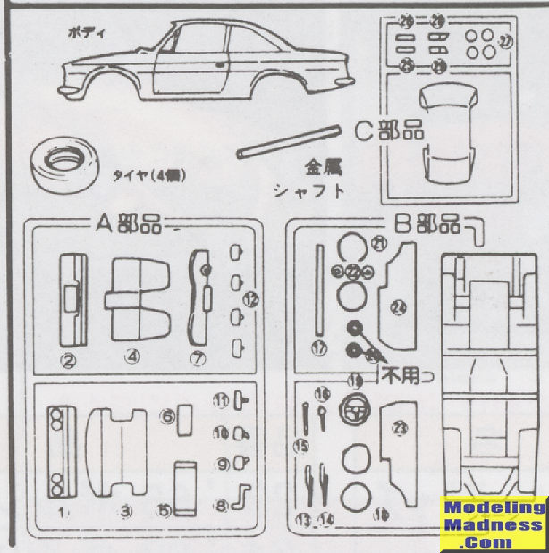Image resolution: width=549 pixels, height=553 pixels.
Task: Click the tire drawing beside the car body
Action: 65,163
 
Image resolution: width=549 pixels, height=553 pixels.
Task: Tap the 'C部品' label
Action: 388,130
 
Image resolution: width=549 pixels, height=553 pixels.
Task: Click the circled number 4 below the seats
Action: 132,357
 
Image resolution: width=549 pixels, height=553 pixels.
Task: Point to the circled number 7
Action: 199,357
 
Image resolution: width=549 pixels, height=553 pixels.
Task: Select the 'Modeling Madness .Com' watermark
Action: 496,524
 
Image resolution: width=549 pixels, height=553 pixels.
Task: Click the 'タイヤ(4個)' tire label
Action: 149,176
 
